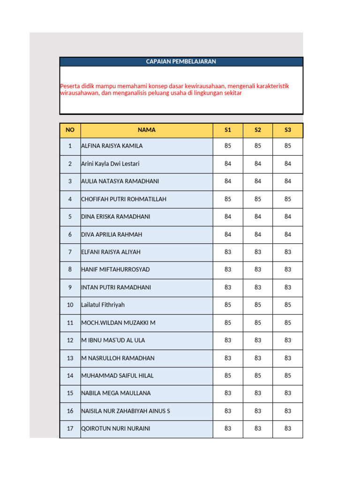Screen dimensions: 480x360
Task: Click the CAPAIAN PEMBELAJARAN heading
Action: (181, 61)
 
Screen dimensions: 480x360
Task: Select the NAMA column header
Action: (147, 130)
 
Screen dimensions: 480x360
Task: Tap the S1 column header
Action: (228, 130)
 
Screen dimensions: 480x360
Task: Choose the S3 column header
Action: (288, 130)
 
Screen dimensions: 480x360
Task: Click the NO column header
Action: (70, 130)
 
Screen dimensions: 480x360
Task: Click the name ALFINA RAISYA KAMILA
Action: (112, 146)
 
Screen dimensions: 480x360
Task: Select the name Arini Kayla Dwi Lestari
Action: (110, 164)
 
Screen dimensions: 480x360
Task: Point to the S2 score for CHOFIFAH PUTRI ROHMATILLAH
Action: (258, 199)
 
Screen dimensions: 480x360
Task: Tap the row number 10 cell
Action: (70, 305)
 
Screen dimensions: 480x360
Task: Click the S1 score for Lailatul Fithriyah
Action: (228, 305)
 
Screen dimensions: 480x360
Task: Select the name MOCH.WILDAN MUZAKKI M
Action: (118, 322)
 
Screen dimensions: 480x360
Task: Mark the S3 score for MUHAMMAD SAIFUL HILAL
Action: (288, 375)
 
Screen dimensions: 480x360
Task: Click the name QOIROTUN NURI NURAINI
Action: (116, 428)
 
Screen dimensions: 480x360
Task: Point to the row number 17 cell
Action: (70, 428)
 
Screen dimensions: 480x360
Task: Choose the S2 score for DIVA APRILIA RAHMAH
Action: (258, 234)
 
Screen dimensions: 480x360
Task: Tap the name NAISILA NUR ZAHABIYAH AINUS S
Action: (126, 411)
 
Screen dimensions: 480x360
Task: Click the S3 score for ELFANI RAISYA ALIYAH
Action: (288, 252)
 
